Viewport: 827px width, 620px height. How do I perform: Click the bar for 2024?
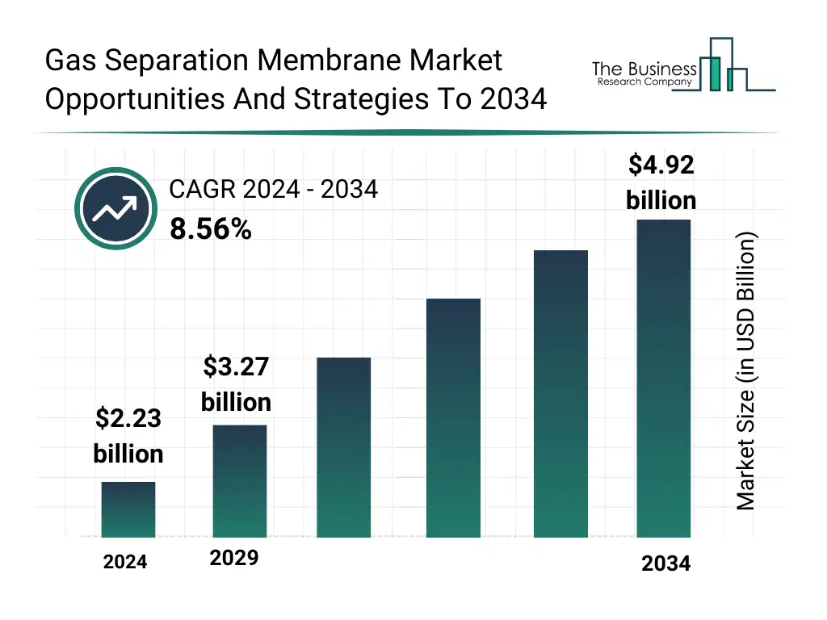128,509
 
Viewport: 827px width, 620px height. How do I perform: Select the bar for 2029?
239,481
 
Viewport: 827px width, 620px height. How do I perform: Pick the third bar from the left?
343,447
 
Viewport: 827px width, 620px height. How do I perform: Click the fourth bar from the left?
452,417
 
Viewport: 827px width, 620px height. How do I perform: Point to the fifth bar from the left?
560,393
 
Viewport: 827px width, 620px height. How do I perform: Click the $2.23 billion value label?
128,436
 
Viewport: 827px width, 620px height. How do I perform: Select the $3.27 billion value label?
236,384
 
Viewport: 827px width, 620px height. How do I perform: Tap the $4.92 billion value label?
661,182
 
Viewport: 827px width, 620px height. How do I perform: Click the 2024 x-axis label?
125,563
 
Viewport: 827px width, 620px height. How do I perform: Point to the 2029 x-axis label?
234,558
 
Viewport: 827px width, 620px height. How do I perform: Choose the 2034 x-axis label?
665,564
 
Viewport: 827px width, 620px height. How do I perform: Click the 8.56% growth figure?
210,230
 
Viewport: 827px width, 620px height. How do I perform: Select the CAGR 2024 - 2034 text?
273,190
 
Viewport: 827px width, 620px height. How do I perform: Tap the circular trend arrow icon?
115,209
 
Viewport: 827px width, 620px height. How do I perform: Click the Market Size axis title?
746,371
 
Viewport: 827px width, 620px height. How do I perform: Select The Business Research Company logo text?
644,73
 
